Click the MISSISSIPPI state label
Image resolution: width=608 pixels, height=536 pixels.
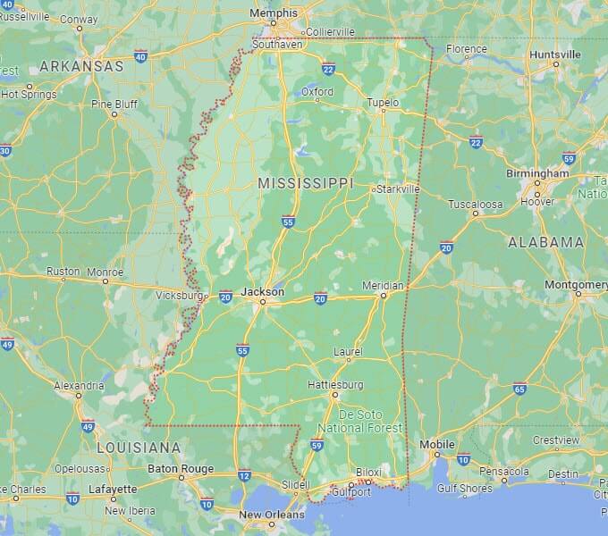pos(306,182)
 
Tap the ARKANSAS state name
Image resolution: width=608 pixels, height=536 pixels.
pos(81,66)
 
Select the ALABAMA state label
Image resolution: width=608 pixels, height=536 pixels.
pos(545,242)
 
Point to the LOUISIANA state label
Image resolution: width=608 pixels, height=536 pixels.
pos(139,447)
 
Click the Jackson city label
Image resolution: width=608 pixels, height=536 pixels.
pos(263,291)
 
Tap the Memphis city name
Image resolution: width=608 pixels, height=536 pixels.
pos(274,14)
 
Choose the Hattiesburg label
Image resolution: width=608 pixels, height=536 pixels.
pos(335,384)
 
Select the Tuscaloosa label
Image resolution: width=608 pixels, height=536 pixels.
pos(476,204)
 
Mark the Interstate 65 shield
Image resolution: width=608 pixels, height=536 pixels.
pos(519,388)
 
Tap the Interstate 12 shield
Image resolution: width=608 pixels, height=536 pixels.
pos(244,475)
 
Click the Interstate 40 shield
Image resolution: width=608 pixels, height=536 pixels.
pos(140,56)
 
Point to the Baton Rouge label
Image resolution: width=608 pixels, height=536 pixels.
pos(181,468)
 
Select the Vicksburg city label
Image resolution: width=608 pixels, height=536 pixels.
pos(179,295)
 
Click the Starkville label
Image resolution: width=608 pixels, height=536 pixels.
pos(398,189)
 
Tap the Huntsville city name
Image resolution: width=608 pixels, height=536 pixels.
pos(554,54)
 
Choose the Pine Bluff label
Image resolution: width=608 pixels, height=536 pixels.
pos(114,104)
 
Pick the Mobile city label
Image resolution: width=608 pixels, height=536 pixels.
pos(437,444)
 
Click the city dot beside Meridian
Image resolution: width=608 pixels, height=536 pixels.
pos(383,295)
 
